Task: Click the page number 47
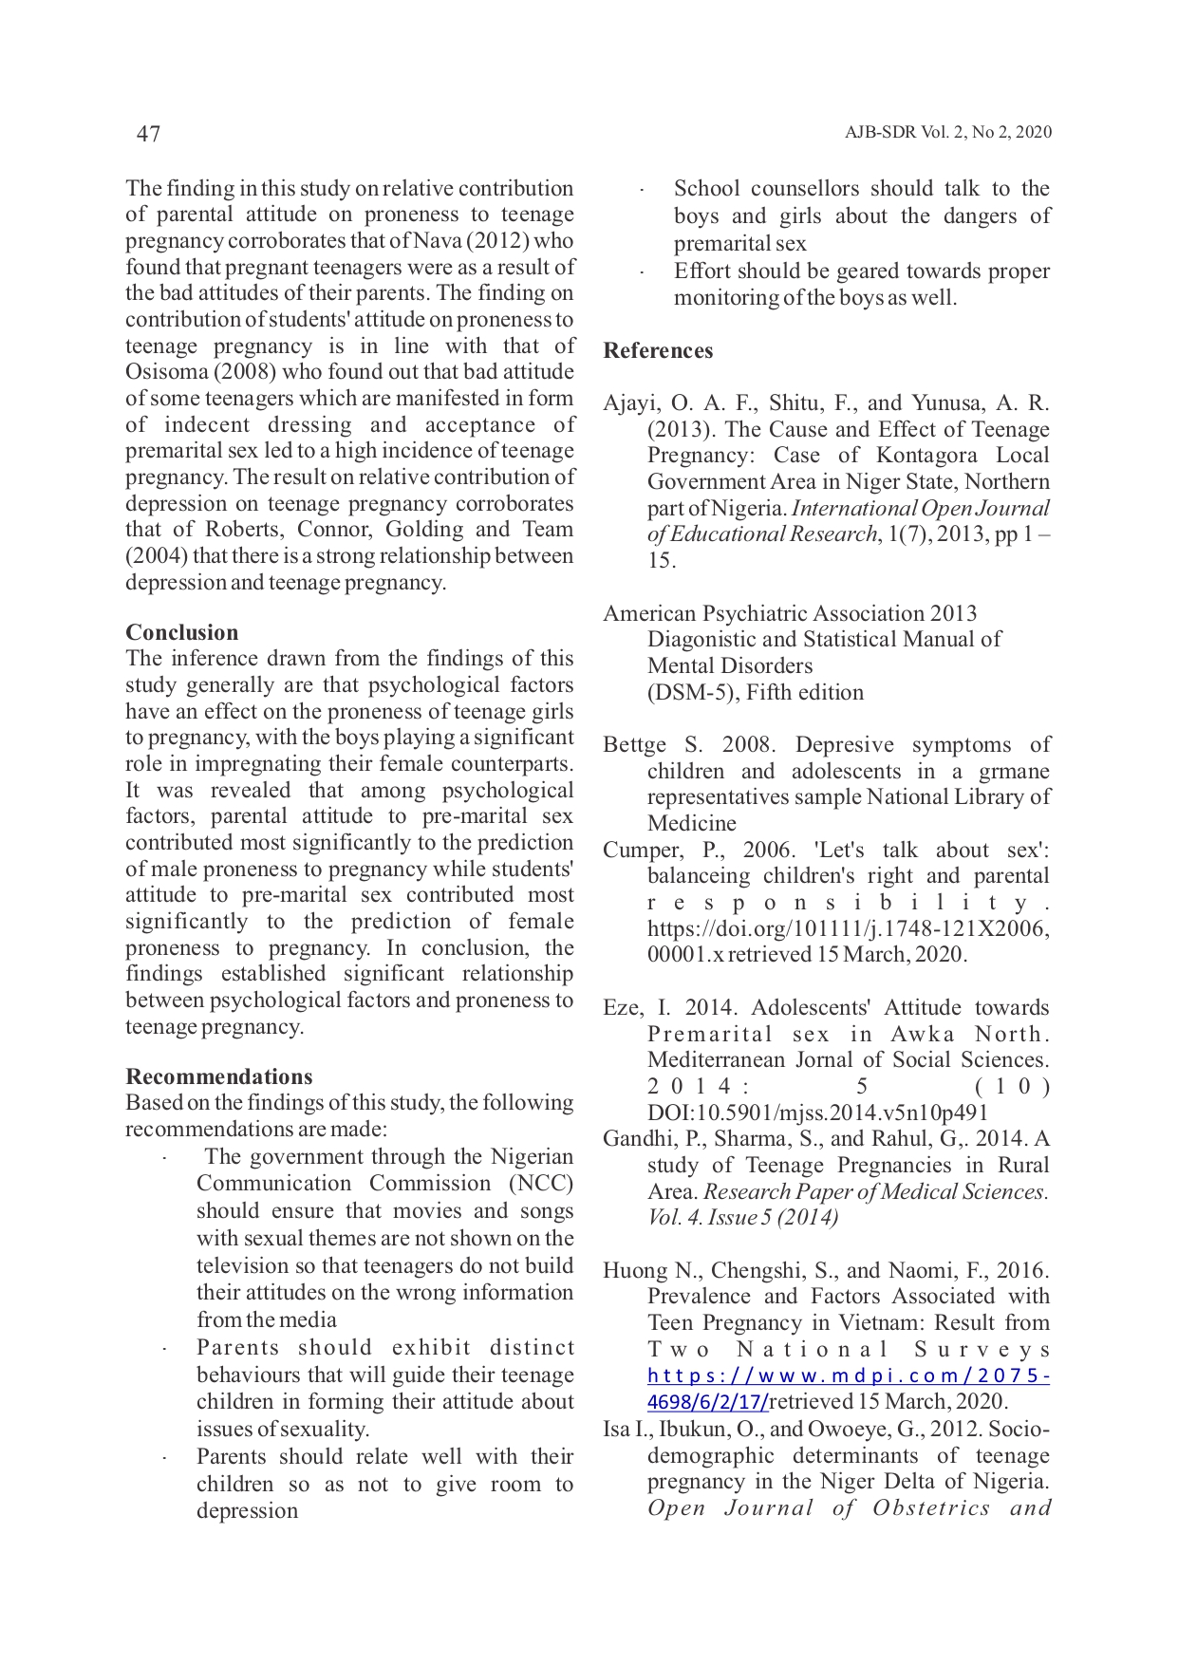point(148,134)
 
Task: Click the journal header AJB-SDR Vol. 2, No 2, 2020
point(947,133)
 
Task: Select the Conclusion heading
point(181,633)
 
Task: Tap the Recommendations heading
point(218,1076)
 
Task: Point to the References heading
point(658,351)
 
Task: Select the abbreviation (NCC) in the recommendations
point(541,1184)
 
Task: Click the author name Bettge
point(634,745)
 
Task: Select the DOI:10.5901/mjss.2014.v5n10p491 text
point(817,1113)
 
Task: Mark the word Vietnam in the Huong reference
point(886,1323)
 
